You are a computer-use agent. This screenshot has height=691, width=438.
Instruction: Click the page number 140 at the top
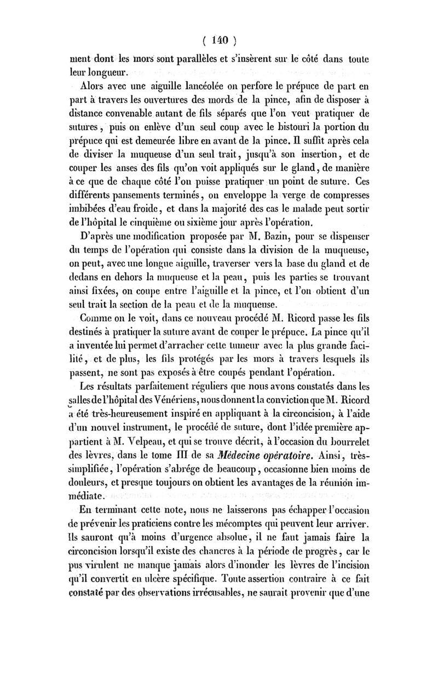point(218,40)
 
